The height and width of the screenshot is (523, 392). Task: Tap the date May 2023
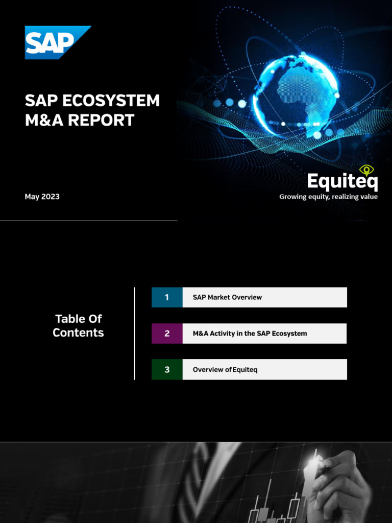[42, 197]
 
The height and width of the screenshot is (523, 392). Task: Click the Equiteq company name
[342, 182]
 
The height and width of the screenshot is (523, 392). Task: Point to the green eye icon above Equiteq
[366, 170]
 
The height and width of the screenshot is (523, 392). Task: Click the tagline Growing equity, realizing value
[328, 197]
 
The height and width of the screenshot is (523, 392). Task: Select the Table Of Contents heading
[78, 326]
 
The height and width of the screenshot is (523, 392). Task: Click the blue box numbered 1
[167, 297]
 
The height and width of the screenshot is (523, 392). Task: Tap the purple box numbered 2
[167, 334]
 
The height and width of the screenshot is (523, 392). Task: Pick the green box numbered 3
[167, 369]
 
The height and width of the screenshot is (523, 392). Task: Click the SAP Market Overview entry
[227, 297]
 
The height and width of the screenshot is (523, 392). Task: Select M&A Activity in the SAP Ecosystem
[250, 334]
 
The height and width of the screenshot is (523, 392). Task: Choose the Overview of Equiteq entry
[225, 369]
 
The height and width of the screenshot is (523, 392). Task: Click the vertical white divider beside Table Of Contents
[135, 333]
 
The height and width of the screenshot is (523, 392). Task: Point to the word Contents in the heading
[78, 333]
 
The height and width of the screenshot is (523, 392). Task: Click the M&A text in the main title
[41, 120]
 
